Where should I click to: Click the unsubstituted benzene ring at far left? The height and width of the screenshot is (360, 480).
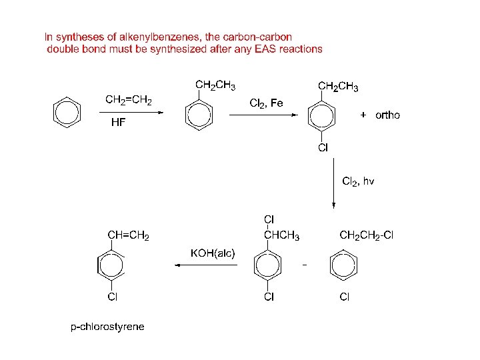coord(67,112)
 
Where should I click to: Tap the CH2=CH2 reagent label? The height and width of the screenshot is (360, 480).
coord(129,101)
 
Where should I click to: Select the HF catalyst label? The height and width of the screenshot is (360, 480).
coord(118,123)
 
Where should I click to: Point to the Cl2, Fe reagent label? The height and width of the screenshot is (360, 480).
coord(266,103)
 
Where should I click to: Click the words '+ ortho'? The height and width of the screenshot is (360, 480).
coord(380,115)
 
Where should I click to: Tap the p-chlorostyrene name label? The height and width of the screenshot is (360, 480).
coord(107,327)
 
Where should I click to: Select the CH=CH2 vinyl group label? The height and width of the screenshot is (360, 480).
coord(129,235)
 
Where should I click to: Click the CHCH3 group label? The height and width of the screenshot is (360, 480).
coord(281,235)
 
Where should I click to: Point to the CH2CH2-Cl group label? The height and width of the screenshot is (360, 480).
coord(367,235)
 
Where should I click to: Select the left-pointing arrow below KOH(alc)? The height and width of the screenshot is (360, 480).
coord(207,265)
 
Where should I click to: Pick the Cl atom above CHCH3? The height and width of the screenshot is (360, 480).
coord(269,219)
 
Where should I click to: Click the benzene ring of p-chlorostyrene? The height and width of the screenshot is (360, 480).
coord(111,265)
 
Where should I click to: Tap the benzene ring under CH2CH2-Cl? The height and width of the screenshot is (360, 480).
coord(343,265)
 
